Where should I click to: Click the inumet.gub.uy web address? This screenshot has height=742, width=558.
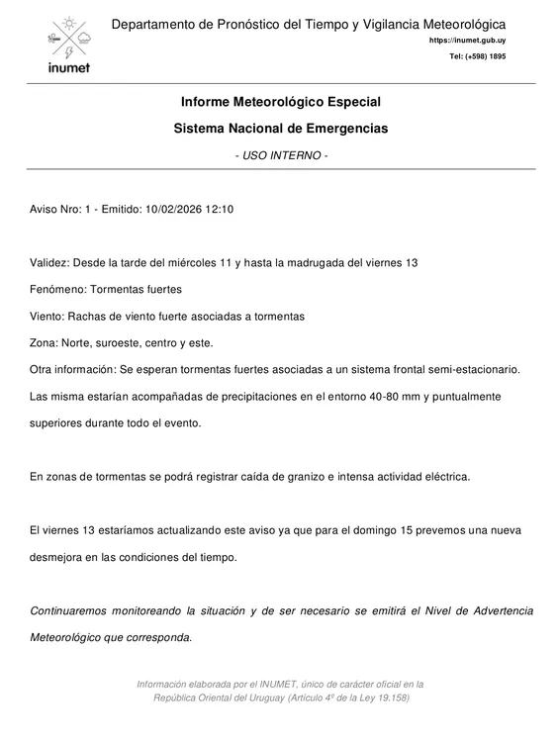click(467, 41)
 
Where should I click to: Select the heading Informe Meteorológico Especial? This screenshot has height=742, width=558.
click(280, 102)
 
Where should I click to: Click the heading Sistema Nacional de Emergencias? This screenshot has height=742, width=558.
click(280, 129)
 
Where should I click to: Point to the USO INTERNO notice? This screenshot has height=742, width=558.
click(280, 156)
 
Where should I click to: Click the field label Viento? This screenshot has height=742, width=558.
click(47, 316)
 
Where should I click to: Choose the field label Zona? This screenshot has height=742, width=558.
click(45, 342)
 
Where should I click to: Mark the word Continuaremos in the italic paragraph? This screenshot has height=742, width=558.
click(72, 610)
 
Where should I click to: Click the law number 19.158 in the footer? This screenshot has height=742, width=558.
click(393, 697)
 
